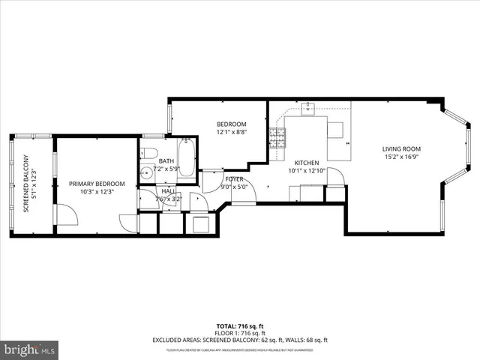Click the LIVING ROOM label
click(401, 149)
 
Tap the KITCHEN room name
click(306, 163)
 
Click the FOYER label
click(233, 178)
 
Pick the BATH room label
click(166, 160)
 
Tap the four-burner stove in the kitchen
click(277, 136)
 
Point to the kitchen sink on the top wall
click(307, 109)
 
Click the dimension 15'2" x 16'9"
click(401, 157)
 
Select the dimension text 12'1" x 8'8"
click(231, 132)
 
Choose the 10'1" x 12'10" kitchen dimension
click(306, 171)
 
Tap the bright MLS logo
click(30, 349)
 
